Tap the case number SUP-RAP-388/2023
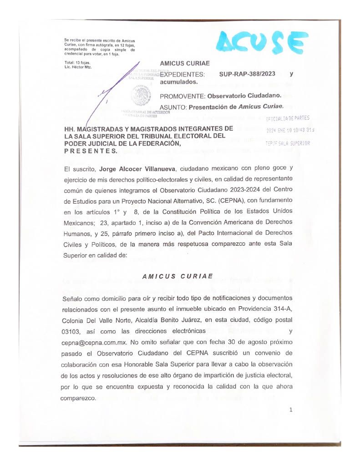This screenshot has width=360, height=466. coord(247,74)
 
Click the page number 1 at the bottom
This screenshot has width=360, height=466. coord(290,410)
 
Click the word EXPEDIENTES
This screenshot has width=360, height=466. coord(183,74)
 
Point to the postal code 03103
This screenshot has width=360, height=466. coord(72,331)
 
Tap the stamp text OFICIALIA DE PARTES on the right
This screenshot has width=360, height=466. coord(288,119)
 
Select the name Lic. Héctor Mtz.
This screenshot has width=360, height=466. coord(78,67)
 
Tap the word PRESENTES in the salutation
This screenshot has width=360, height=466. coord(91,150)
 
